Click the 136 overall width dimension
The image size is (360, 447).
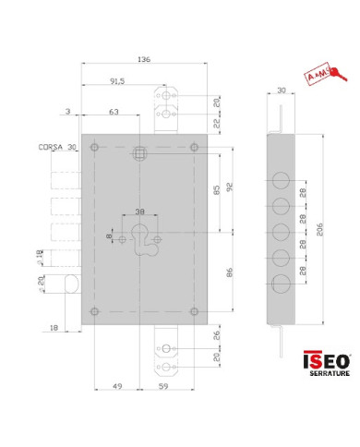[x=143, y=59]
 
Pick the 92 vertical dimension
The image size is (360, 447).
[x=228, y=185]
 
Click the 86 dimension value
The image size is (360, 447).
[x=228, y=274]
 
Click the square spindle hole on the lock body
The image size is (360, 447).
[x=141, y=151]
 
